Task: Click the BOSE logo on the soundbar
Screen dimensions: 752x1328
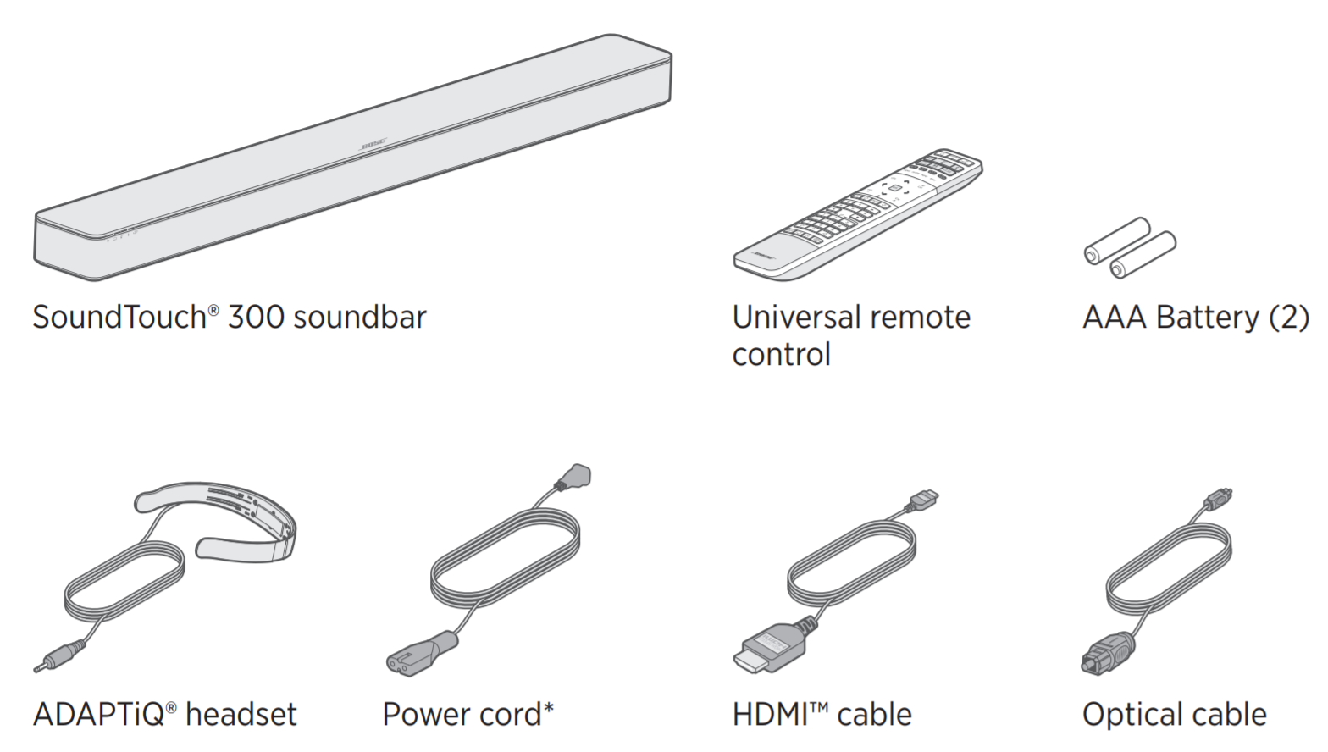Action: [x=373, y=146]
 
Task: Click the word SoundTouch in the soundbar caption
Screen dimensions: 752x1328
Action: [x=119, y=318]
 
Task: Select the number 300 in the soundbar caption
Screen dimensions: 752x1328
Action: [x=256, y=318]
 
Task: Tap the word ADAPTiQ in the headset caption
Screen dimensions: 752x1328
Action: [x=98, y=714]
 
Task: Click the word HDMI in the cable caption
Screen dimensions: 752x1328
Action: [x=771, y=714]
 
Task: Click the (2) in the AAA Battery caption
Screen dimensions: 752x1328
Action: [x=1288, y=318]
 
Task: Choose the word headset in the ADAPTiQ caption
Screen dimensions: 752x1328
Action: [x=241, y=714]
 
